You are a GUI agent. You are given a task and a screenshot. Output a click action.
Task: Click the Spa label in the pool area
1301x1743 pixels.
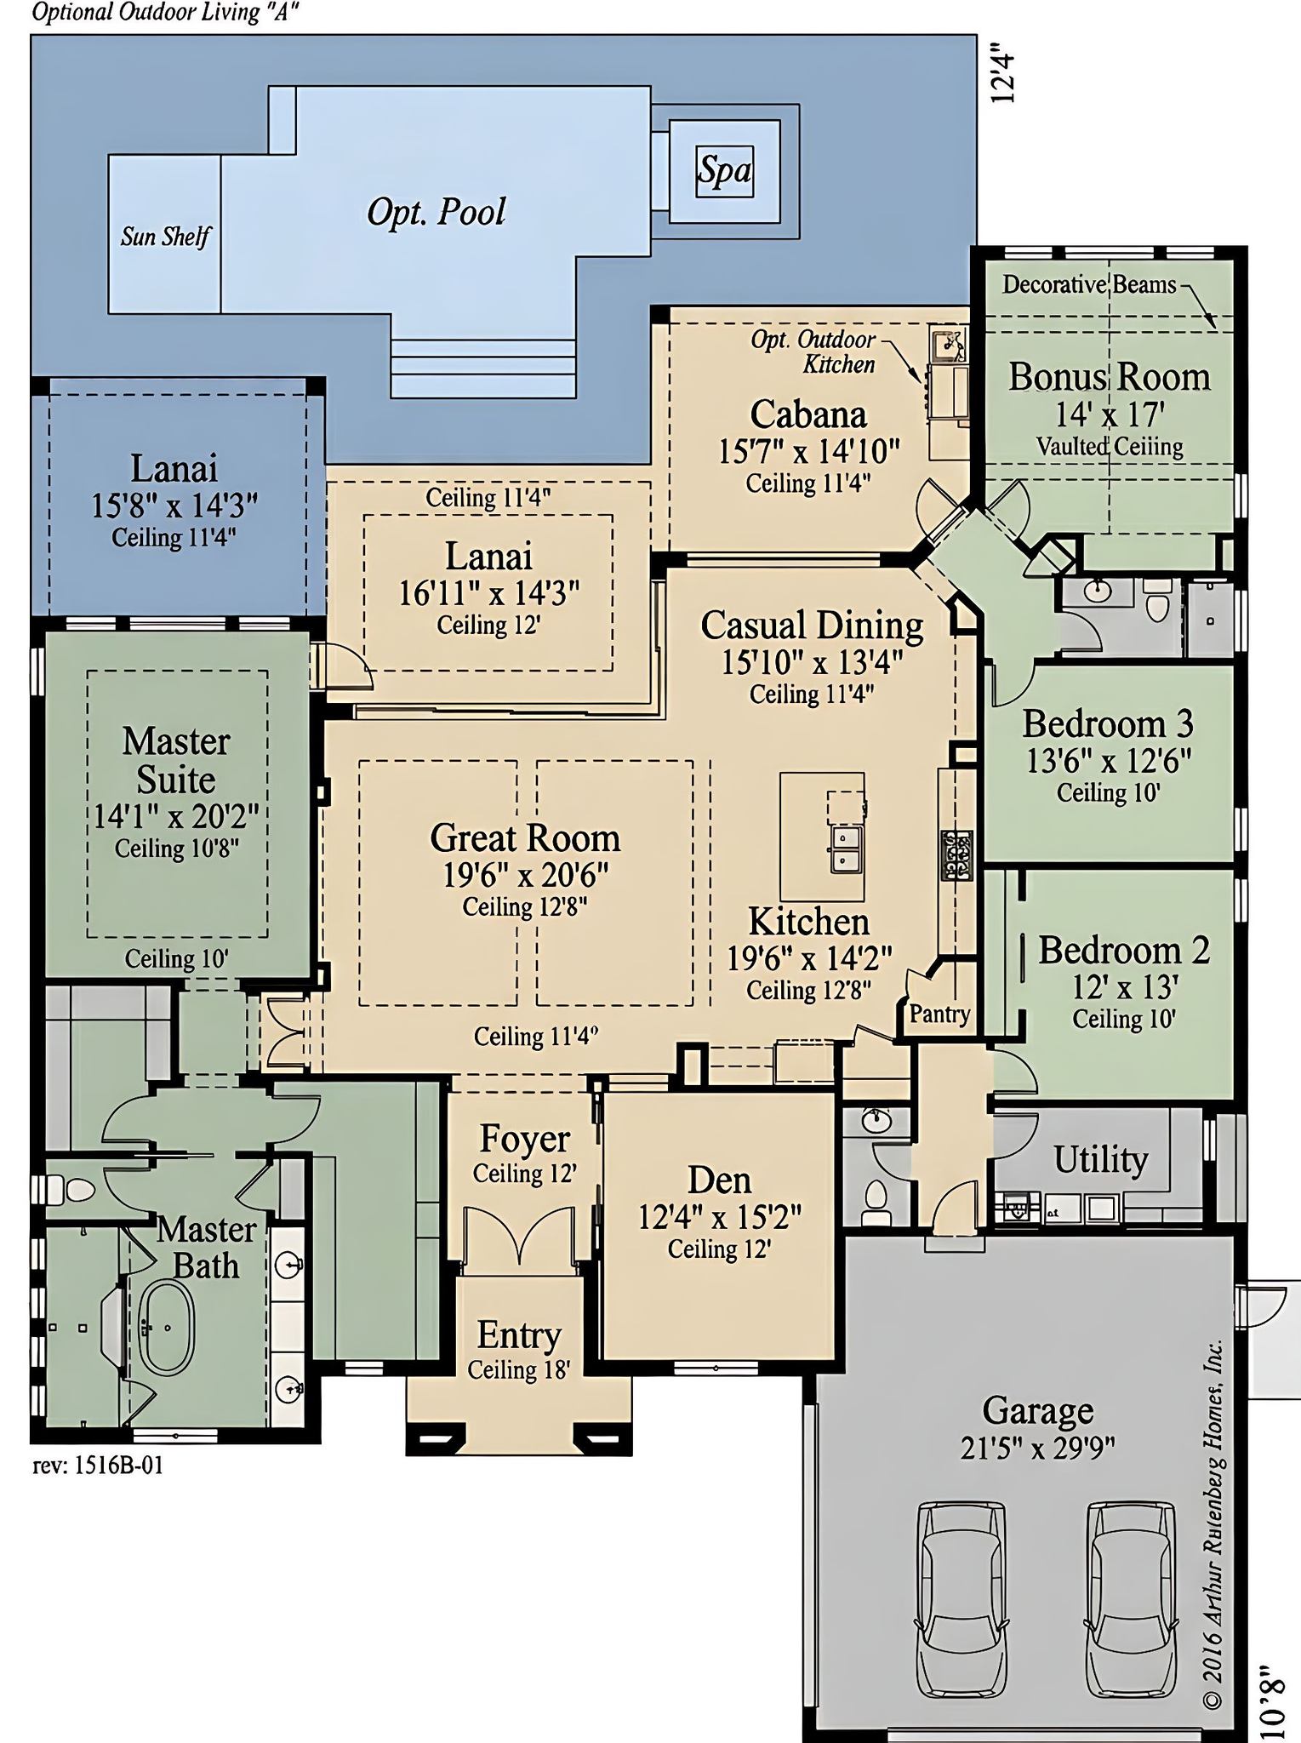click(725, 171)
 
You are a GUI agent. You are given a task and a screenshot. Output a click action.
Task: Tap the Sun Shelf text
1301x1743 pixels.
click(164, 236)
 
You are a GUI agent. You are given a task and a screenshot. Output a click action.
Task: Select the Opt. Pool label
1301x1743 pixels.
click(436, 212)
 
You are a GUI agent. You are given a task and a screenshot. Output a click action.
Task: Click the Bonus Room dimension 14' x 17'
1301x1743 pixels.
click(1110, 414)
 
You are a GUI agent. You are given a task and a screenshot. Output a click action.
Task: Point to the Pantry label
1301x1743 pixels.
click(939, 1014)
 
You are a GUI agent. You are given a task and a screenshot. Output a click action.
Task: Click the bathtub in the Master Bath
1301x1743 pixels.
click(167, 1327)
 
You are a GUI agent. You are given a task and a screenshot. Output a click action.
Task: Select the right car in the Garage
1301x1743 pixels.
click(1131, 1598)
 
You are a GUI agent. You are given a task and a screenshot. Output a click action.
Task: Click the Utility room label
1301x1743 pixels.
click(1100, 1159)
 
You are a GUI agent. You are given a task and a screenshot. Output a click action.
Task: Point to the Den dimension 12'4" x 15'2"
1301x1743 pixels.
click(720, 1217)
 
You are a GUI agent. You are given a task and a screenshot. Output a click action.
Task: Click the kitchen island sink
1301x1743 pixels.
click(844, 851)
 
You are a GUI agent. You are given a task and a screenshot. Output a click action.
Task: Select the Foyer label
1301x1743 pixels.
click(524, 1139)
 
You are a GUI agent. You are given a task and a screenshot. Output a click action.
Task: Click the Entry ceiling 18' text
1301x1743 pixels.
click(518, 1369)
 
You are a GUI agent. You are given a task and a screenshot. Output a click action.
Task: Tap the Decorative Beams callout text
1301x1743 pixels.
click(1089, 284)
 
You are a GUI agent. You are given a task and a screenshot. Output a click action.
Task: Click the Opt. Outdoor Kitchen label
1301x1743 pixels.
click(813, 351)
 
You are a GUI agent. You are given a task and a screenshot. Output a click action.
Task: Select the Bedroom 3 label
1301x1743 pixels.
click(1108, 723)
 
